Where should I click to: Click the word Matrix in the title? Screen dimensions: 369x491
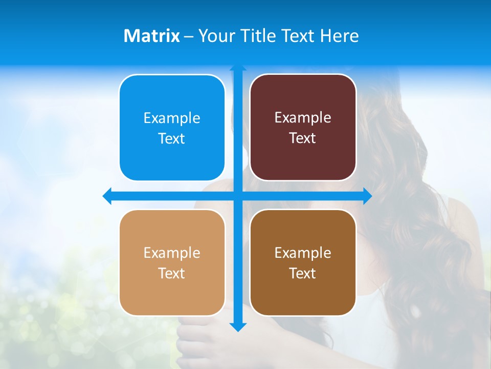point(151,36)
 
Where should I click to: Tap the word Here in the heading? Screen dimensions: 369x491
point(339,36)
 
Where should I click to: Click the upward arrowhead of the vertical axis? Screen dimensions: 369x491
point(238,68)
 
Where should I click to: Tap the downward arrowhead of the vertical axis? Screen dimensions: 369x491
point(238,327)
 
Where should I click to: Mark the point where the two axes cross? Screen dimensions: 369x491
point(238,196)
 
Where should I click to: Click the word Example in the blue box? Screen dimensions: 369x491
point(172,118)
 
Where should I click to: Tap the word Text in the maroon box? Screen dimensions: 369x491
point(303,138)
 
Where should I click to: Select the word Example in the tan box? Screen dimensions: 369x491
point(172,253)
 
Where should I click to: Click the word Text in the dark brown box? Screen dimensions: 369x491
point(303,274)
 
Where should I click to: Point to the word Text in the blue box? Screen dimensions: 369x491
point(172,139)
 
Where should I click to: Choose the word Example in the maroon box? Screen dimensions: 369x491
point(303,118)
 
